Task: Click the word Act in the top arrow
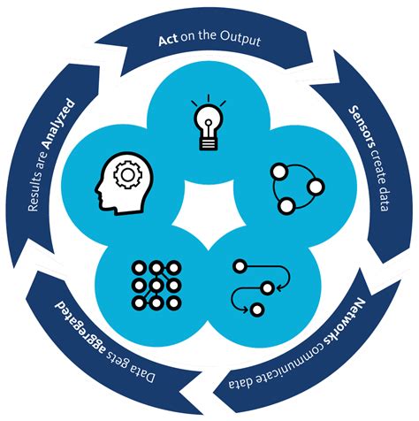coord(169,41)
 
